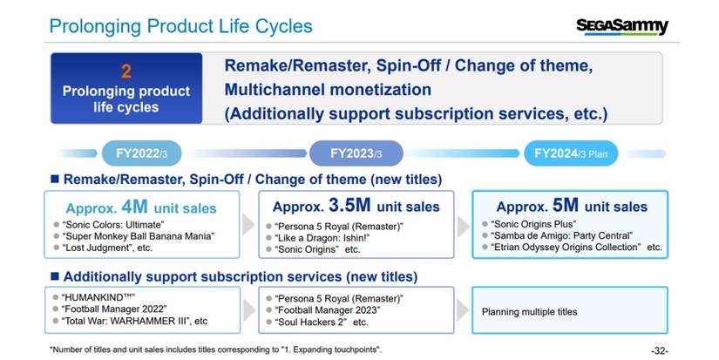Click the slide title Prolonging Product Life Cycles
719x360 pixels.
coord(180,26)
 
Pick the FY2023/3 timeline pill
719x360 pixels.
coord(356,153)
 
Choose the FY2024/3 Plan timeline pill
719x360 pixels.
coord(572,153)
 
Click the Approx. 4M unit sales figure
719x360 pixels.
coord(140,208)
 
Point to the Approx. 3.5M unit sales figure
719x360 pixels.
coord(356,207)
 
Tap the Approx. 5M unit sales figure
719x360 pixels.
coord(572,207)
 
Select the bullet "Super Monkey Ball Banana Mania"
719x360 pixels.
coord(138,236)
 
